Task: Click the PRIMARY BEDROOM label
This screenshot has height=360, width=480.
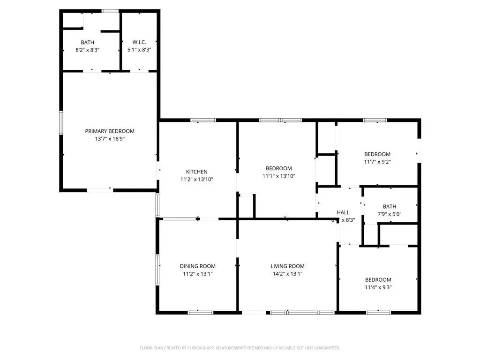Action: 110,131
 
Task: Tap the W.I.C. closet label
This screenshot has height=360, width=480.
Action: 139,42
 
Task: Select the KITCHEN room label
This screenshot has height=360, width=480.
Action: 196,172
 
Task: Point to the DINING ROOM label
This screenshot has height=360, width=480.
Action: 197,266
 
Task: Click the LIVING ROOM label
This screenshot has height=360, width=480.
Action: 287,266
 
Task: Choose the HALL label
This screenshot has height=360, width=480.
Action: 343,212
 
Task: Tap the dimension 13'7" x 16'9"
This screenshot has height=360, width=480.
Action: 110,139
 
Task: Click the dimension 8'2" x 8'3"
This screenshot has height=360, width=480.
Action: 90,49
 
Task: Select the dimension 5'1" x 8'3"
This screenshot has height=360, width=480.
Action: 139,49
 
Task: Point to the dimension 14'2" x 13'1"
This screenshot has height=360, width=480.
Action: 287,274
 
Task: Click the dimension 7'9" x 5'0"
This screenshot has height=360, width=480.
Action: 390,214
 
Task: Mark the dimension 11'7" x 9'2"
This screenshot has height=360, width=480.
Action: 377,162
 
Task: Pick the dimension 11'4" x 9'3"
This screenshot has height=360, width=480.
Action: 378,287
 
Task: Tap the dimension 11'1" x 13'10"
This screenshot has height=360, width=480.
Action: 279,176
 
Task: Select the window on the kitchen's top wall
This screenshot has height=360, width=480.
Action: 203,120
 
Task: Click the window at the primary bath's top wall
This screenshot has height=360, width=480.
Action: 110,11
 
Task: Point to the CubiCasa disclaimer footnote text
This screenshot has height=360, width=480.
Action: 240,348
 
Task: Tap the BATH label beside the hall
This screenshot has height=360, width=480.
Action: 390,206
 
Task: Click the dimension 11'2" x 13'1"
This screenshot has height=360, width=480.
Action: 197,274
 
